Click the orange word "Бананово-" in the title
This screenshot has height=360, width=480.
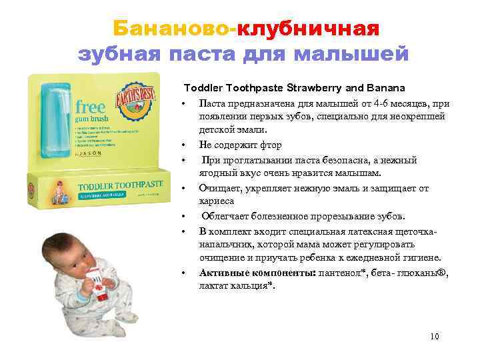(x=174, y=29)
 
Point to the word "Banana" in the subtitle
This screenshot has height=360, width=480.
(x=387, y=88)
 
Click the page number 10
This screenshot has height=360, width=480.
(x=435, y=337)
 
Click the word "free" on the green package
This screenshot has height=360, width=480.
(x=90, y=107)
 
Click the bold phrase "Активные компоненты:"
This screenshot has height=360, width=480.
(x=257, y=273)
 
